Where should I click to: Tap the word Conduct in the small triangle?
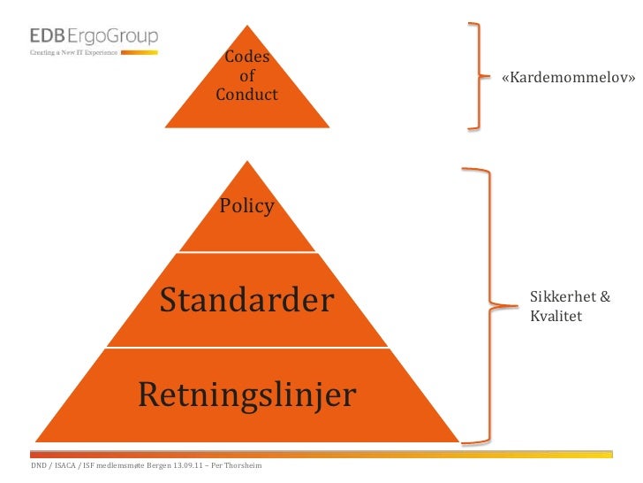pyautogui.click(x=246, y=94)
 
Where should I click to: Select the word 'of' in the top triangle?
pyautogui.click(x=247, y=76)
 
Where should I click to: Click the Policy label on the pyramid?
pyautogui.click(x=247, y=207)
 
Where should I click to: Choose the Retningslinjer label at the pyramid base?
pyautogui.click(x=246, y=395)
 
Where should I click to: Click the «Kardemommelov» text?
pyautogui.click(x=568, y=78)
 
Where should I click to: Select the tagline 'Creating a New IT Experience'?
pyautogui.click(x=74, y=53)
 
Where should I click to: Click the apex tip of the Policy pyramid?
pyautogui.click(x=247, y=162)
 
